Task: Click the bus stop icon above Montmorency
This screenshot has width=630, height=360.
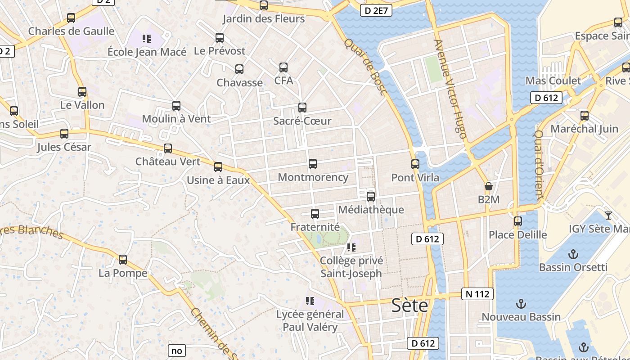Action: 313,164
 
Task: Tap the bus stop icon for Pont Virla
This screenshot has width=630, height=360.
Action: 415,164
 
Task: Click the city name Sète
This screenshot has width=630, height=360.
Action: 409,305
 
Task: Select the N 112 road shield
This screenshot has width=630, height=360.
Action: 477,294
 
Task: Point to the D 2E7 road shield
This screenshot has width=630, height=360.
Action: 376,11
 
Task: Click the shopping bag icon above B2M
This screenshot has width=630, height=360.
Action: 489,186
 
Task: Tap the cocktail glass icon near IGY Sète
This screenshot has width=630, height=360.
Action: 608,215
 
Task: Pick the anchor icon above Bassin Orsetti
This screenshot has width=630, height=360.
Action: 573,254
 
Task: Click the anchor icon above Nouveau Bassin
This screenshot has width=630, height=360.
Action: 521,304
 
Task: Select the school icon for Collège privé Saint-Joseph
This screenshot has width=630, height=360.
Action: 351,247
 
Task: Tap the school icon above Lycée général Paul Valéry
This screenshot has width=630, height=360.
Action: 310,301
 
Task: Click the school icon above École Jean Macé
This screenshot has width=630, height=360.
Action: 147,39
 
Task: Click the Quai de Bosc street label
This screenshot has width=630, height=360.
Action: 366,67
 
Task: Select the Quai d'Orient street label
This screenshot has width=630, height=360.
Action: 539,165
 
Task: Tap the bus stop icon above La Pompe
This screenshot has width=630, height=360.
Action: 123,260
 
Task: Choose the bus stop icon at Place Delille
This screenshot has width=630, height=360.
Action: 518,221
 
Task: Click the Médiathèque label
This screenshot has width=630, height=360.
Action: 371,210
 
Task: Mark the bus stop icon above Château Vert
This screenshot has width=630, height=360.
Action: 168,148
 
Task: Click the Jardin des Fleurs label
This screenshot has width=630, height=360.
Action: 264,19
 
